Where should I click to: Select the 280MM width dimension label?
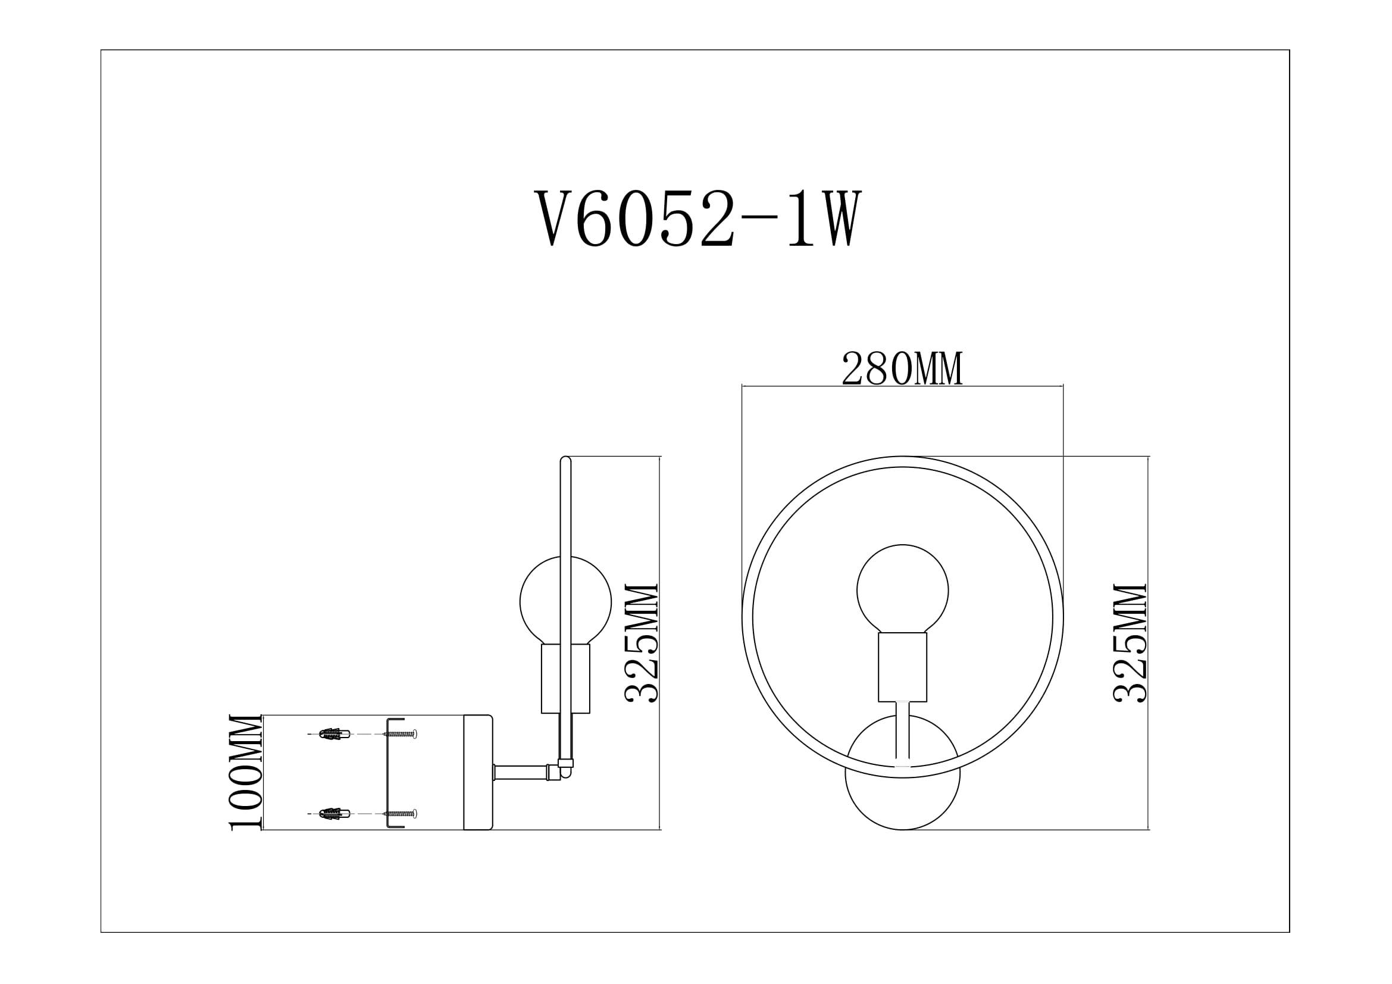click(x=902, y=369)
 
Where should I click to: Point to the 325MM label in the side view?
click(x=642, y=643)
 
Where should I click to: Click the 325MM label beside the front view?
click(x=1130, y=643)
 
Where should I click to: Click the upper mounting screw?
click(x=401, y=734)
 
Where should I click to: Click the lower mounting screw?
click(x=401, y=813)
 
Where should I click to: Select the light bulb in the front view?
click(x=902, y=588)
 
